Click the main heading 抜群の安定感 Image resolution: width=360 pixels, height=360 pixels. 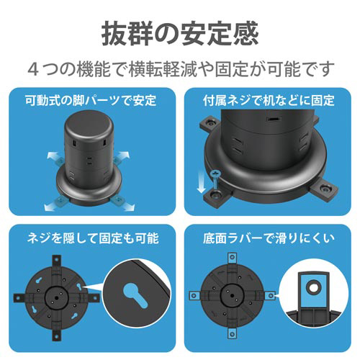point(180,34)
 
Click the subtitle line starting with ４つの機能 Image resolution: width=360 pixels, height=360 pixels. point(181,69)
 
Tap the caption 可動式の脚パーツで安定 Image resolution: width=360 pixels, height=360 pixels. point(91,100)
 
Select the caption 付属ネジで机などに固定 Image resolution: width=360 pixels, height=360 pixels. point(269,100)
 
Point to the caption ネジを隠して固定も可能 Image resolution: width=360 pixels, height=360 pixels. point(93,238)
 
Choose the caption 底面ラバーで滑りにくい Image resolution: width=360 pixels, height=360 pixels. point(269,238)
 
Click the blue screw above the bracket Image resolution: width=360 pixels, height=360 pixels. point(215,179)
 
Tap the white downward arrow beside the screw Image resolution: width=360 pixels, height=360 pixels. point(201,181)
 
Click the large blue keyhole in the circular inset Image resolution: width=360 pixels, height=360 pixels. point(135,294)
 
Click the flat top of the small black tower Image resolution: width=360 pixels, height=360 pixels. point(89,125)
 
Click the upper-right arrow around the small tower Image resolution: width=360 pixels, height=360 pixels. point(123,156)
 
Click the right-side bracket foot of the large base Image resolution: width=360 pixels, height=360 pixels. point(324,191)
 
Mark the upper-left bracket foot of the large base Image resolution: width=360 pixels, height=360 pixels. point(210,123)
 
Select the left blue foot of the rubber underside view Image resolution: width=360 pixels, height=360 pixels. point(194,295)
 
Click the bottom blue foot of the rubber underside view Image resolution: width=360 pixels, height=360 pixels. point(232,333)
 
